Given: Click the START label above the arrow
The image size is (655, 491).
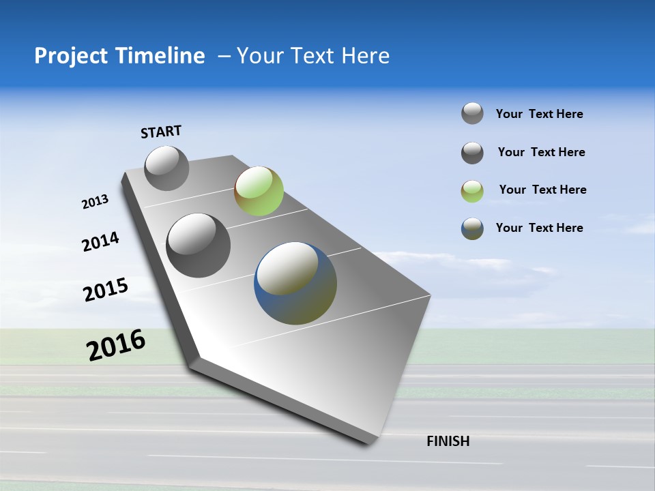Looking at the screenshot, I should pos(161,132).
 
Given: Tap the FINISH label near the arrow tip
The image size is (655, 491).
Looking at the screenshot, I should pos(448,441).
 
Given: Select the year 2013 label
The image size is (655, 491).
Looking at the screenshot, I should pos(95,202).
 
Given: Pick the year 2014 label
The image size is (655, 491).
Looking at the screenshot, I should pos(100,241).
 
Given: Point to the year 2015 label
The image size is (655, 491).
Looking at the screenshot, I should pos(105,290).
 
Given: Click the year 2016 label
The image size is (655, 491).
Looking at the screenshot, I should pos(116,345).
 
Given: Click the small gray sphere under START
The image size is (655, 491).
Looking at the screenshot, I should pos(166,168).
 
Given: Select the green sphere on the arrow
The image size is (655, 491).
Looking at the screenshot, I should pos(259,191).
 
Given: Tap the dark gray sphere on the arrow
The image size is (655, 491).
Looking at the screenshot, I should pos(199,245).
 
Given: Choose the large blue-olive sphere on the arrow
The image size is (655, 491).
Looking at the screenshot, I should pos(295,283).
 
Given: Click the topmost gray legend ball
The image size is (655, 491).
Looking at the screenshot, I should pos(472,113).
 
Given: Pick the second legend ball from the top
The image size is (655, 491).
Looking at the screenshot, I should pos(472,153).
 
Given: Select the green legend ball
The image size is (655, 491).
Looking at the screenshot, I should pos(472,191).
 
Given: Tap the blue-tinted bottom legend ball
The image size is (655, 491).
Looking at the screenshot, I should pos(472,229).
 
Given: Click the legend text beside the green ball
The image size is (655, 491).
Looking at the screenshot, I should pos(542,190).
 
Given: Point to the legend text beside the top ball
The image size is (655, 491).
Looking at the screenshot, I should pos(539,114).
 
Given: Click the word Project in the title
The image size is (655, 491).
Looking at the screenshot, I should pos(71,56).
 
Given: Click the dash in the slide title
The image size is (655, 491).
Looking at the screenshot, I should pos(224,56).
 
